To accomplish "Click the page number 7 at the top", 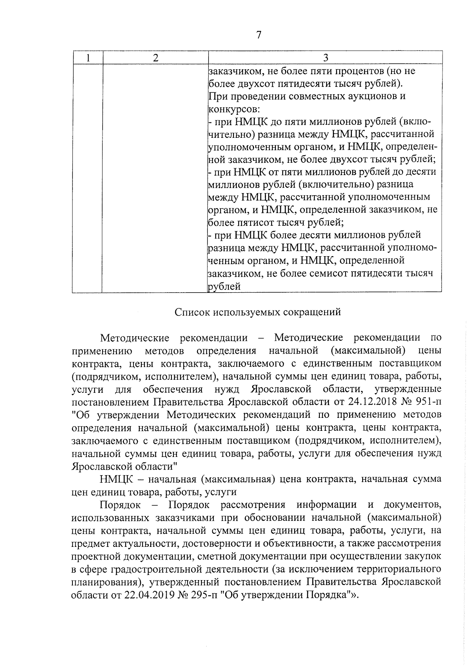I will [x=259, y=35].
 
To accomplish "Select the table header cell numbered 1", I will [x=87, y=58].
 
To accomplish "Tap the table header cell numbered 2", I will [x=156, y=58].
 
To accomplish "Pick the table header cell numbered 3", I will [x=325, y=58].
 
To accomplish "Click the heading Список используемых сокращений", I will [x=258, y=312].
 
